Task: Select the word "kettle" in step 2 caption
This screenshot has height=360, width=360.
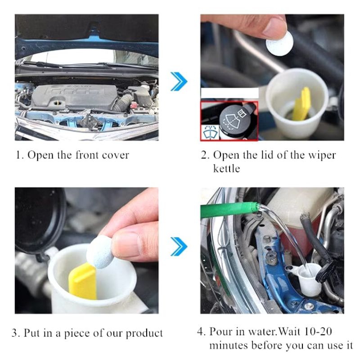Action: pyautogui.click(x=226, y=169)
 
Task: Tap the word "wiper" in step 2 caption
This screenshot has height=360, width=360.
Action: pyautogui.click(x=322, y=155)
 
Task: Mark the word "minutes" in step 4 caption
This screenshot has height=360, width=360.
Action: pyautogui.click(x=229, y=346)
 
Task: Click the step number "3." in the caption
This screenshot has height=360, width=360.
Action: pyautogui.click(x=16, y=333)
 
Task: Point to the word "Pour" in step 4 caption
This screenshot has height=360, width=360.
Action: pyautogui.click(x=220, y=332)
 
